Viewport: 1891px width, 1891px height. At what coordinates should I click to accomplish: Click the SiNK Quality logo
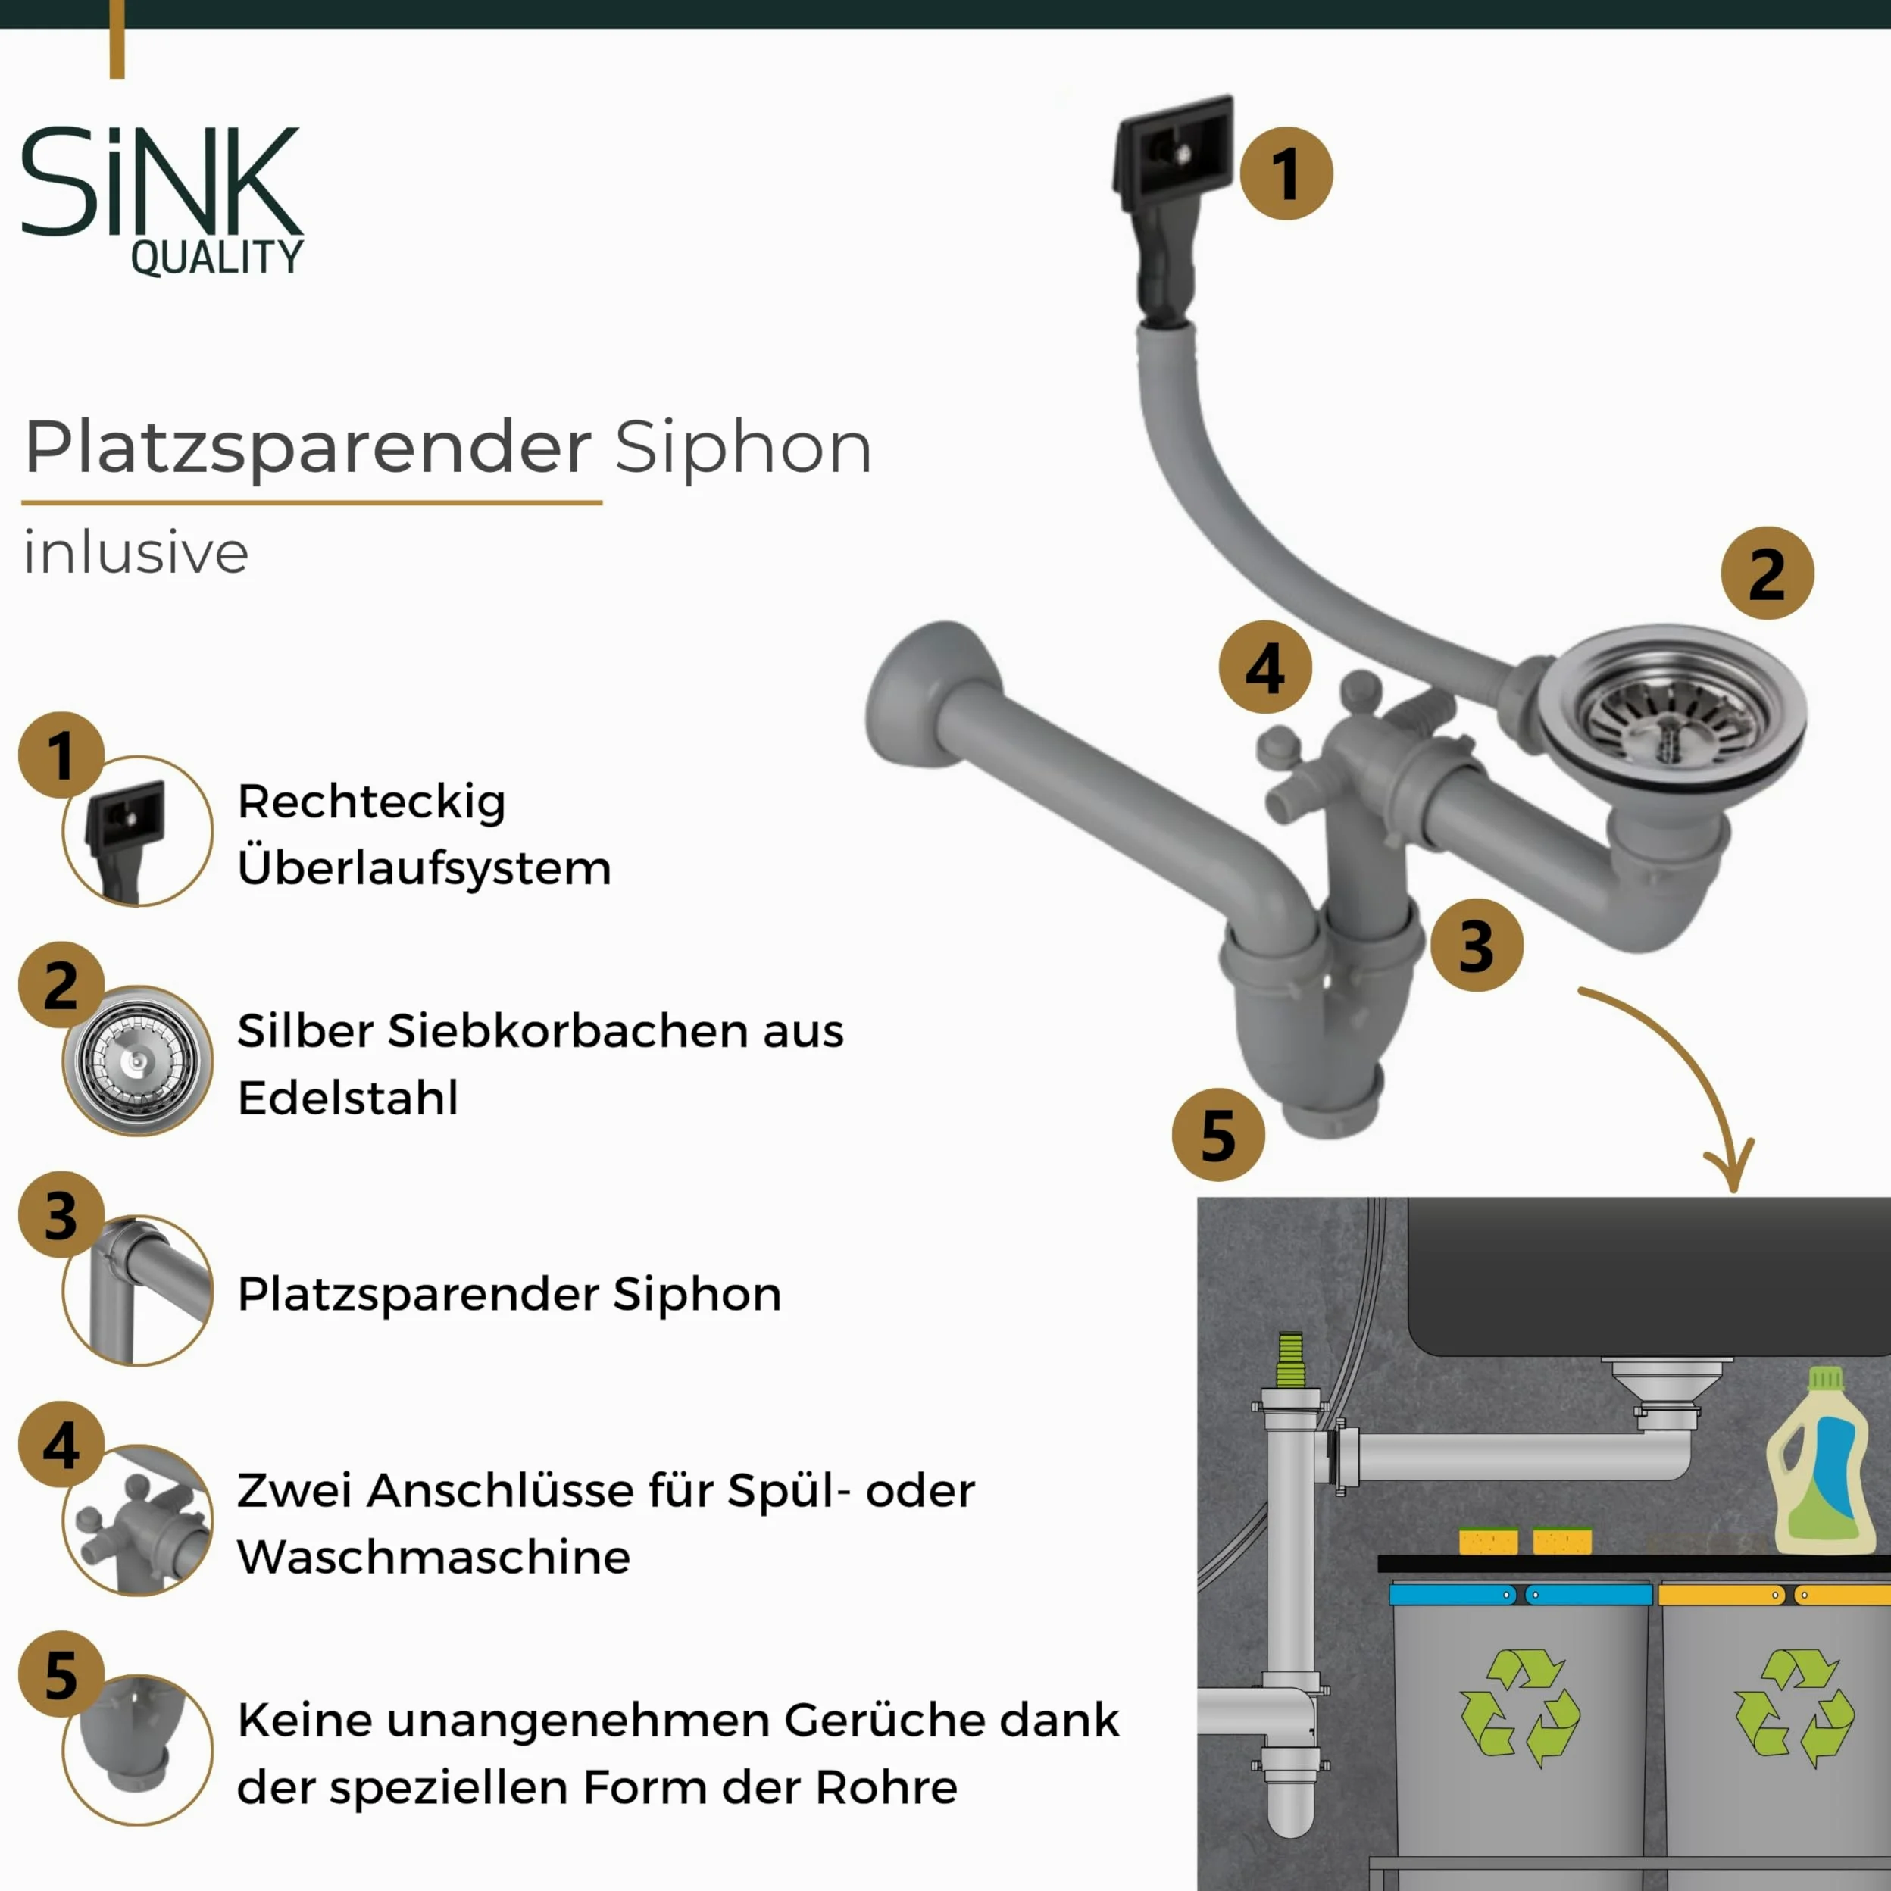coord(162,201)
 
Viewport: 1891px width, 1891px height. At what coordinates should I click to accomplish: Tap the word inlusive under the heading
coord(136,552)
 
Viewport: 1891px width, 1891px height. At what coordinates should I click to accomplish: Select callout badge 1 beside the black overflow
coord(1286,173)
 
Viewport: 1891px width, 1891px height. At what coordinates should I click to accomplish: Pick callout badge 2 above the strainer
coord(1768,574)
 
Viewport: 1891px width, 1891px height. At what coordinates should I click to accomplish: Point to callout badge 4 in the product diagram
coord(1265,667)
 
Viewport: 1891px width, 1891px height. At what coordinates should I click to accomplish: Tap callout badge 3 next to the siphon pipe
coord(1477,945)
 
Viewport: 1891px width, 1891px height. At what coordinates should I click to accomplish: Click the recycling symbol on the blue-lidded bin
coord(1520,1708)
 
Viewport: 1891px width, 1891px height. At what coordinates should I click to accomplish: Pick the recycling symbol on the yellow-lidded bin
coord(1794,1708)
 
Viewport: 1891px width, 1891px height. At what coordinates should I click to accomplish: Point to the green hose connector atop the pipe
coord(1291,1361)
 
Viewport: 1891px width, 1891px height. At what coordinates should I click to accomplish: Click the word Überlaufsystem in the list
coord(424,867)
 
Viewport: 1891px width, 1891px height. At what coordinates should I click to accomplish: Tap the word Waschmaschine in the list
coord(433,1557)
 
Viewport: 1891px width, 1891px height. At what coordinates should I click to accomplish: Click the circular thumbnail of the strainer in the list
coord(138,1061)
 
